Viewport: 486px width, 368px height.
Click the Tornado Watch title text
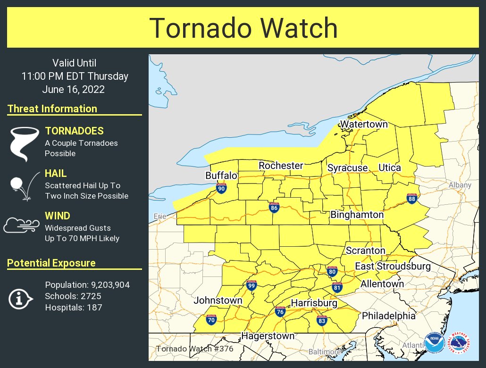243,28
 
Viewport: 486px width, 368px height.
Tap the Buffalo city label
221,176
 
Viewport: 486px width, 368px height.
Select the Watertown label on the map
364,125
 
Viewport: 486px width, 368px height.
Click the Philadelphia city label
388,316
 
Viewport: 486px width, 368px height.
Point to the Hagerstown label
268,336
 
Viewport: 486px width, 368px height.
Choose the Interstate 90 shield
221,189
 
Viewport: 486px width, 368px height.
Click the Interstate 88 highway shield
412,199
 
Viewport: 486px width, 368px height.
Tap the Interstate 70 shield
211,320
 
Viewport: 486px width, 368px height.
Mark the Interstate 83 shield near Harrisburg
322,320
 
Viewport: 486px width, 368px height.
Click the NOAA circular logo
434,343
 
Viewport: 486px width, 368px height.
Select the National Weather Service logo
458,343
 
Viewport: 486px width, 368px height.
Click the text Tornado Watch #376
194,349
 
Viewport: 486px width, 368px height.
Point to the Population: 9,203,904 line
87,285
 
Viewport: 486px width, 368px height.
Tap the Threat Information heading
52,109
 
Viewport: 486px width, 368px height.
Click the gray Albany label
460,185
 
